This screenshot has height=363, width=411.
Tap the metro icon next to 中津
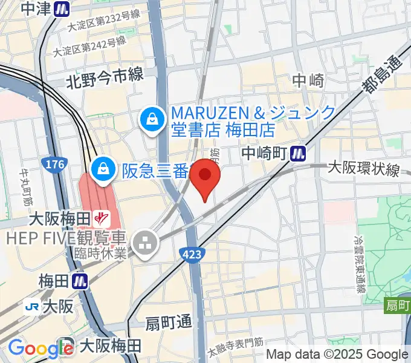(61, 8)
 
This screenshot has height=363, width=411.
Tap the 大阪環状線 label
(363, 169)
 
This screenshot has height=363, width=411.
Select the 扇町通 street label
(168, 323)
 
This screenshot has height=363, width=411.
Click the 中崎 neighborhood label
(308, 80)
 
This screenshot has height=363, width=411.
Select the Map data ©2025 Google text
(337, 355)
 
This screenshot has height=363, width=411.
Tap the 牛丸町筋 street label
(26, 186)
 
